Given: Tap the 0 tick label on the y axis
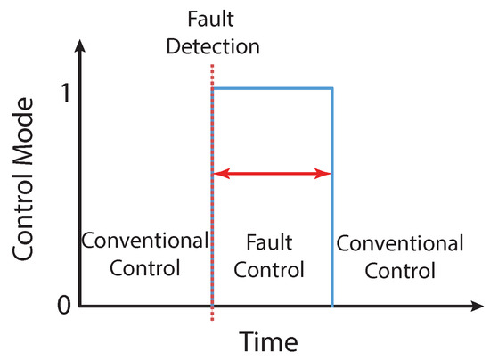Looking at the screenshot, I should pyautogui.click(x=61, y=305).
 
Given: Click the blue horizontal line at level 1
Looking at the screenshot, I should pyautogui.click(x=272, y=87).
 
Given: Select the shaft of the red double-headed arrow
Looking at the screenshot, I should pyautogui.click(x=272, y=174).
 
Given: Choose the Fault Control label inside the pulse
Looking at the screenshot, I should pyautogui.click(x=272, y=255).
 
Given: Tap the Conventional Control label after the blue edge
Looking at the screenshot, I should pyautogui.click(x=401, y=256).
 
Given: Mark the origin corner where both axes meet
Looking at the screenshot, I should pyautogui.click(x=80, y=307).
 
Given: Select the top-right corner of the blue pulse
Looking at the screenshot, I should pyautogui.click(x=332, y=87).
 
